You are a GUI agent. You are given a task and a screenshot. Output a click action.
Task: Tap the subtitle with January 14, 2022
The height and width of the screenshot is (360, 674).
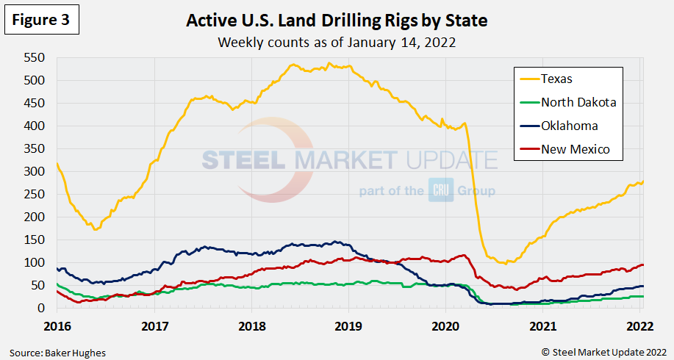tap(337, 42)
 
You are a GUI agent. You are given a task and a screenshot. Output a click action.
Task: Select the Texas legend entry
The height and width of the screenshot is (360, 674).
tap(556, 79)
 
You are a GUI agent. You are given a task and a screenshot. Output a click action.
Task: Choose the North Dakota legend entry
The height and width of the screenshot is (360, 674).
tap(578, 102)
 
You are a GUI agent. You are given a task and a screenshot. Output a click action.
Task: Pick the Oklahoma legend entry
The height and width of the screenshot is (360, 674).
tap(569, 126)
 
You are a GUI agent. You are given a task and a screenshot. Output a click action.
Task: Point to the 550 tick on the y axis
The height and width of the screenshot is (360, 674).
tap(33, 57)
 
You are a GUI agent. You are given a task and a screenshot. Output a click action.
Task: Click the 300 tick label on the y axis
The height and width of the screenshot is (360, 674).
tap(33, 171)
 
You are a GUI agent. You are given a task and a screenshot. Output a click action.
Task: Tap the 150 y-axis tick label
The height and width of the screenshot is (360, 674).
tap(33, 240)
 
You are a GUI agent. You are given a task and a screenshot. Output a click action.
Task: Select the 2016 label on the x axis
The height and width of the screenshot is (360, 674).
tap(57, 324)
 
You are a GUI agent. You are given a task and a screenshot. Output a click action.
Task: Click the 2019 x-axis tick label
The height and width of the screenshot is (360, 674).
tap(348, 324)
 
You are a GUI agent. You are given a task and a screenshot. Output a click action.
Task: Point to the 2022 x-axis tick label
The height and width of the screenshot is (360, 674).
tap(640, 324)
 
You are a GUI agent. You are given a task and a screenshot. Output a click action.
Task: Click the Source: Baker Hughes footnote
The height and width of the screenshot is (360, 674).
tap(57, 353)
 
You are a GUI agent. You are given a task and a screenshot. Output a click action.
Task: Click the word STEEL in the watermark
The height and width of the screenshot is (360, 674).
tap(246, 160)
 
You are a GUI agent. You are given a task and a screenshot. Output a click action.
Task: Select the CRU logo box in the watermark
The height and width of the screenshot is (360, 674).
tap(437, 191)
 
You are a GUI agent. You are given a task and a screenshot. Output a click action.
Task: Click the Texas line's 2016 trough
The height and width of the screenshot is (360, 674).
tap(95, 229)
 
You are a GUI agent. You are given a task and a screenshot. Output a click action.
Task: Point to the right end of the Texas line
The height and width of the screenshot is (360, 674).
tap(644, 181)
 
